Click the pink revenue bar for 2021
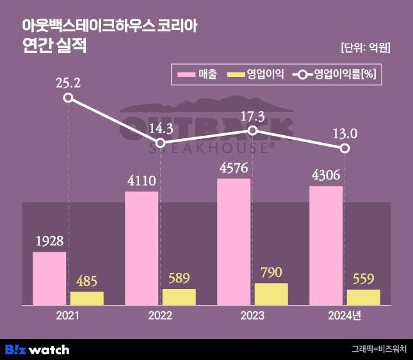[x=49, y=278]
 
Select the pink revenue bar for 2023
[x=234, y=241]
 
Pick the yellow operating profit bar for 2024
[x=363, y=297]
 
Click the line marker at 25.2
[x=69, y=98]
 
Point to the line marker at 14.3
[x=161, y=143]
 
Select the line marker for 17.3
[x=253, y=131]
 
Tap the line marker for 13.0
[x=345, y=149]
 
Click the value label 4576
[x=234, y=168]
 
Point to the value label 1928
[x=49, y=241]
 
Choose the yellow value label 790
[x=271, y=273]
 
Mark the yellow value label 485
[x=86, y=281]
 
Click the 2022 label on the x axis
[x=160, y=315]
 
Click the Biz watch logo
[x=37, y=350]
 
